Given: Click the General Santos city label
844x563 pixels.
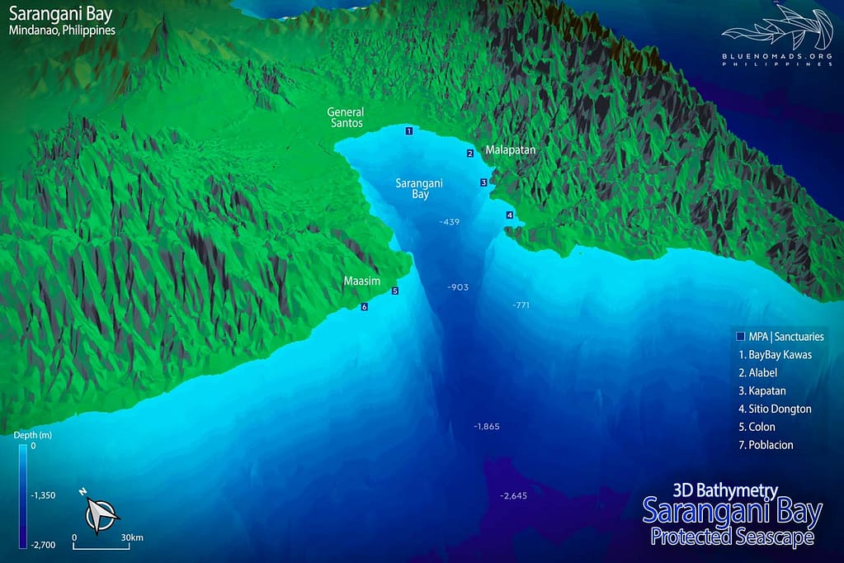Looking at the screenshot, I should [345, 117].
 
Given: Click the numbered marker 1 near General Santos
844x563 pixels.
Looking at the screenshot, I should [408, 131].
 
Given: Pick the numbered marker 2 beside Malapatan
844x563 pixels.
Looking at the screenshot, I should [469, 154].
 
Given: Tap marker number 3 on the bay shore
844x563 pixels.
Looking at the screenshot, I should [483, 182].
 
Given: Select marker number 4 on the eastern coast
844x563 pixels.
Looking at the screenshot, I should [509, 215].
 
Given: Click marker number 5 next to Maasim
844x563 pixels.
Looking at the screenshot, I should [394, 291].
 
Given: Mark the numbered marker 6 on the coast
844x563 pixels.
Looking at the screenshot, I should [364, 307].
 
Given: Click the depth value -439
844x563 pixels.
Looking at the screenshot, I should [450, 222].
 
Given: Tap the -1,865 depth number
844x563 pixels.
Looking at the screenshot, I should [487, 427].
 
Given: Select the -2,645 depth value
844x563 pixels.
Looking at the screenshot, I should [513, 496].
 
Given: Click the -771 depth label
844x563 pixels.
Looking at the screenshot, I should [521, 305].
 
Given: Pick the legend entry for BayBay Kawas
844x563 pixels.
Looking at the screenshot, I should [775, 355].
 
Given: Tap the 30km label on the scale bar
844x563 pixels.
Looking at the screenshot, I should [132, 537].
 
